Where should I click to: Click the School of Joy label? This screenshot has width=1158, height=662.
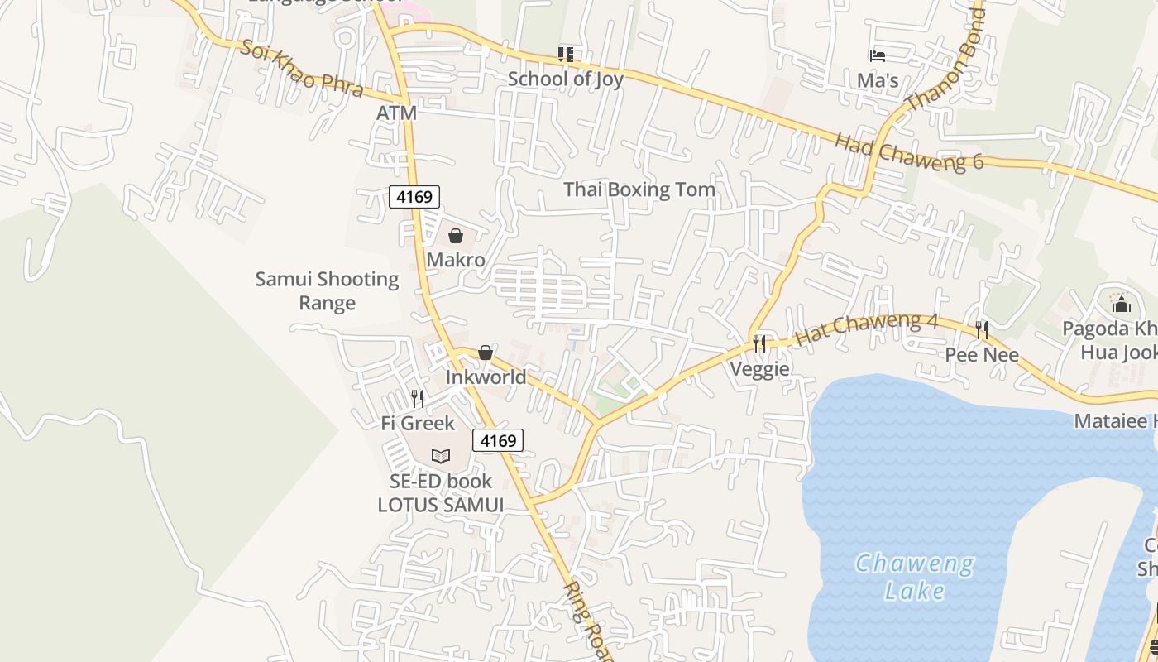tap(565, 79)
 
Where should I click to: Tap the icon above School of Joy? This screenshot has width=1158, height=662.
tap(566, 55)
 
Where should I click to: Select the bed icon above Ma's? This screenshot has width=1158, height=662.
tap(878, 56)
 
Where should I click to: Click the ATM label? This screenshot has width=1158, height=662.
tap(396, 113)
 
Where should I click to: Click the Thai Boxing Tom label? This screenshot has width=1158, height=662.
tap(639, 189)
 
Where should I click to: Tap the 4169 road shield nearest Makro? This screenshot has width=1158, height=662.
tap(414, 197)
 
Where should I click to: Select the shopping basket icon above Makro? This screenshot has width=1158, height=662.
tap(456, 236)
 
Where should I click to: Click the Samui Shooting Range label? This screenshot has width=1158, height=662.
tap(327, 290)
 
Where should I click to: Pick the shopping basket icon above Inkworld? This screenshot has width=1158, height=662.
tap(486, 353)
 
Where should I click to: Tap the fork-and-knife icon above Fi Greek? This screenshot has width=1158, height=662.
tap(418, 399)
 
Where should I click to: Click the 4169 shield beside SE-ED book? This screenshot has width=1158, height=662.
tap(498, 440)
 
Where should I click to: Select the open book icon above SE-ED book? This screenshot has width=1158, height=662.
tap(441, 456)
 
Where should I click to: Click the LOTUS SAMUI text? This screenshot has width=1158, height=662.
tap(440, 505)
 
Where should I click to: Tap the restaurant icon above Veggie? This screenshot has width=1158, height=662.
tap(759, 343)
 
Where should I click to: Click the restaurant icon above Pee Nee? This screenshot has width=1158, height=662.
tap(981, 330)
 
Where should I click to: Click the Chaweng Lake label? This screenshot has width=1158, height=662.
tap(914, 578)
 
